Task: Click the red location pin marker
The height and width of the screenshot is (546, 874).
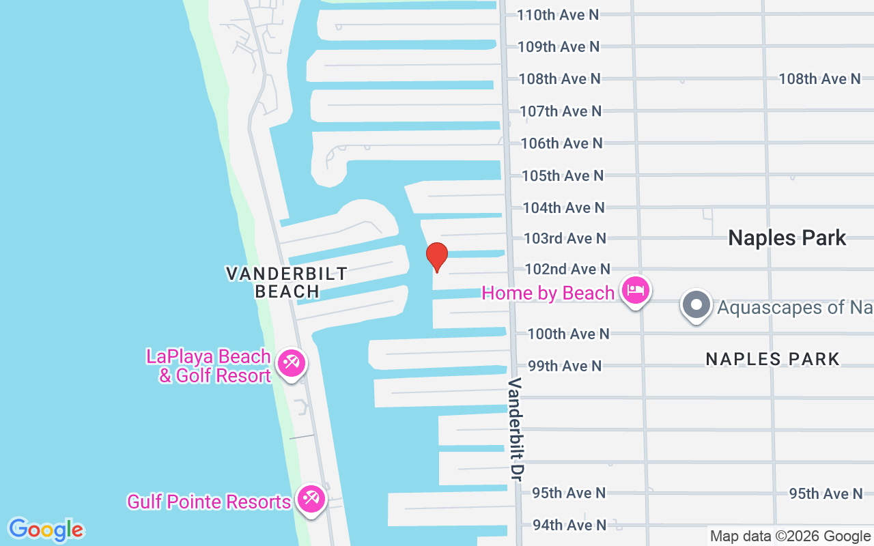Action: click(x=437, y=257)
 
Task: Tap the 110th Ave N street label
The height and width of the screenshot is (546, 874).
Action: click(x=558, y=14)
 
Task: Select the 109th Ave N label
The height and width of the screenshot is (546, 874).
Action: click(x=559, y=46)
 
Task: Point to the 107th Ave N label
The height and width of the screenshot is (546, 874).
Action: click(x=561, y=111)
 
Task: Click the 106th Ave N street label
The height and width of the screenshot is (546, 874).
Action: click(x=561, y=143)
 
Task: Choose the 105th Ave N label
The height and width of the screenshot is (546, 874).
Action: click(x=563, y=175)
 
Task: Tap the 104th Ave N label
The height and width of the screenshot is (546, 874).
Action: click(x=563, y=207)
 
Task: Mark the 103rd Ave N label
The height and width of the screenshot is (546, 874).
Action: click(x=565, y=238)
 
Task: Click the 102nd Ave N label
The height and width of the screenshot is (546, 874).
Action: click(x=567, y=270)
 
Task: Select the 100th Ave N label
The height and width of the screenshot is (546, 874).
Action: click(x=568, y=334)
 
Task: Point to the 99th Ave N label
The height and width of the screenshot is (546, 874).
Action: click(x=565, y=366)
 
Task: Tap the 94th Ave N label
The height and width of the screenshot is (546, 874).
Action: click(x=569, y=525)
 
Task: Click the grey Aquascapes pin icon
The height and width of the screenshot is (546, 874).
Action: click(x=696, y=305)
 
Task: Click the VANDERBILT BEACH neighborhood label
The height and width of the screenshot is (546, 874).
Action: click(x=287, y=283)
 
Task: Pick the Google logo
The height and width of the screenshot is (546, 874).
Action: click(x=46, y=530)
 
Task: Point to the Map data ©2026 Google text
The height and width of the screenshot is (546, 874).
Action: click(x=790, y=536)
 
